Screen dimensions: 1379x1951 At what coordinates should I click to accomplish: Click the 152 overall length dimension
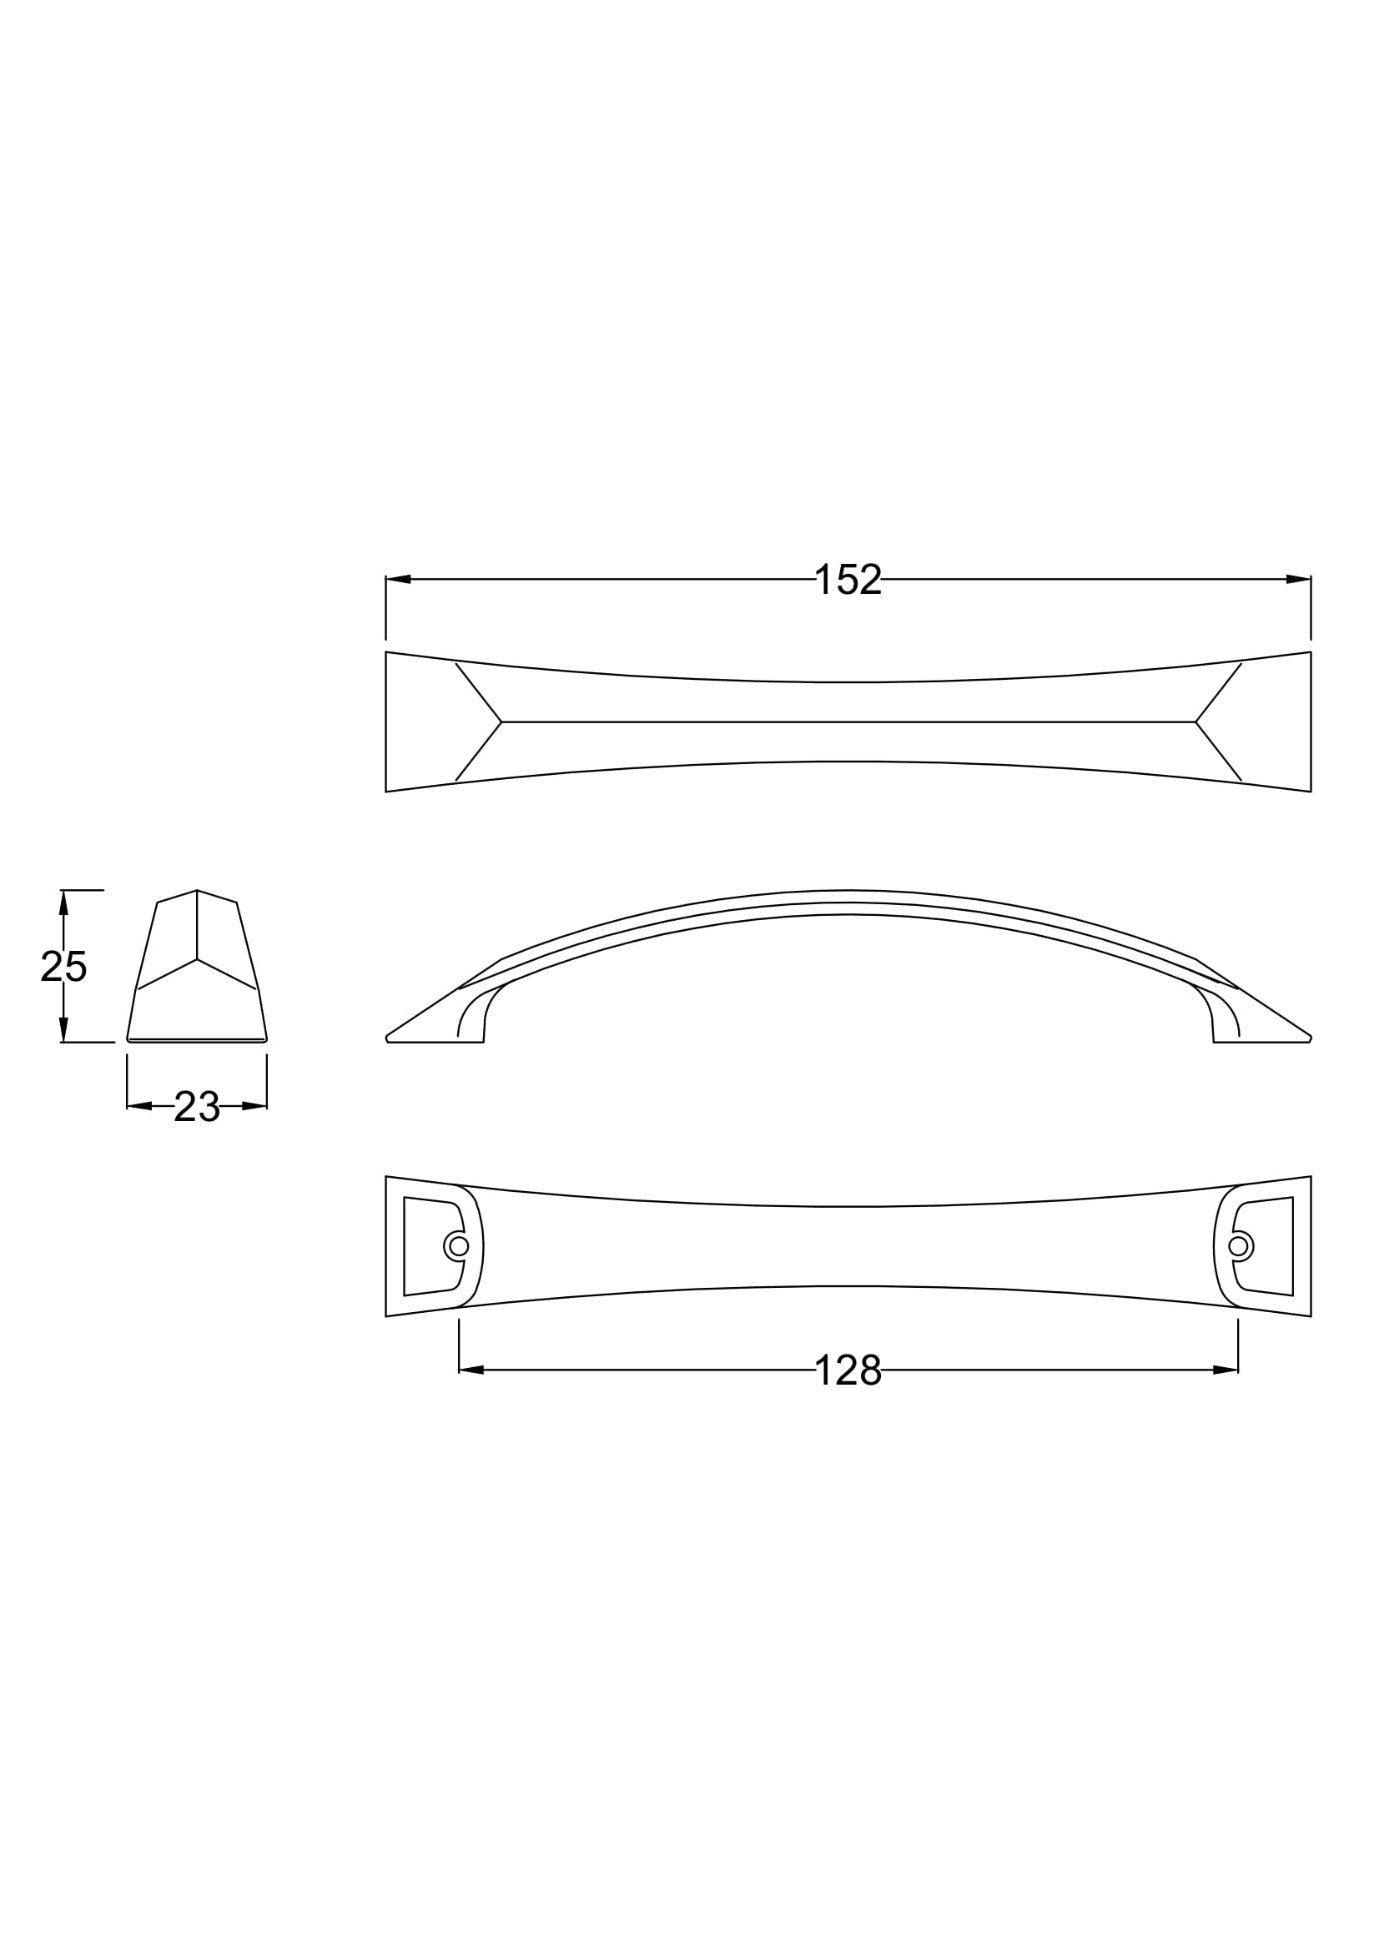[848, 580]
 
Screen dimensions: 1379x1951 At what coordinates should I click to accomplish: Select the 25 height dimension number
[63, 967]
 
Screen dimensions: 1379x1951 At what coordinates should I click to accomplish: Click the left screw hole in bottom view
[459, 1245]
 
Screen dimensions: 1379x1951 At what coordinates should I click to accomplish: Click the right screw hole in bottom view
[1239, 1245]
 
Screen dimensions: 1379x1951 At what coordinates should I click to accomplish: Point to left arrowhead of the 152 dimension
[399, 580]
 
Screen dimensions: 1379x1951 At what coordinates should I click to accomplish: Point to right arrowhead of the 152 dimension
[1298, 580]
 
